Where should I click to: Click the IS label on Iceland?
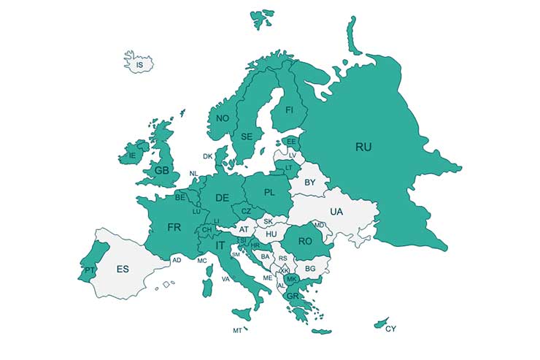(x=139, y=65)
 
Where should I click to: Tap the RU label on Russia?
(x=363, y=147)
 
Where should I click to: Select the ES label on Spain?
(x=123, y=269)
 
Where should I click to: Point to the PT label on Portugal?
(x=89, y=269)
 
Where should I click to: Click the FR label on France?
(x=174, y=227)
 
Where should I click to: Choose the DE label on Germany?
(x=222, y=198)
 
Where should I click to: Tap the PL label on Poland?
(x=269, y=193)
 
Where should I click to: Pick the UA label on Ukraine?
(x=336, y=211)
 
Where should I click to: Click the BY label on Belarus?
(x=310, y=182)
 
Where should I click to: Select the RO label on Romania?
(x=305, y=240)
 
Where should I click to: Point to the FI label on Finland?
(x=289, y=110)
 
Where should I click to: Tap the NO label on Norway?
(x=223, y=118)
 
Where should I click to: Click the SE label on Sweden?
(x=247, y=137)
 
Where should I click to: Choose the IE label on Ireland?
(x=132, y=156)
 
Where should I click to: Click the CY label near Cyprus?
(x=391, y=329)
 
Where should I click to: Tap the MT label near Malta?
(x=237, y=331)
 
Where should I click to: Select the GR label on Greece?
(x=293, y=296)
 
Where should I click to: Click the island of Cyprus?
(x=381, y=322)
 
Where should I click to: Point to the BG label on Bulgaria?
(x=309, y=269)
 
